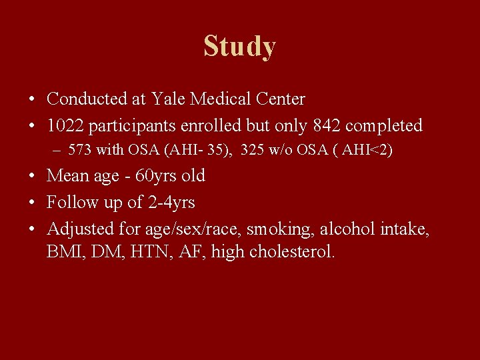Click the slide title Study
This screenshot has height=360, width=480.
pyautogui.click(x=239, y=47)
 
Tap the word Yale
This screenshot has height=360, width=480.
pyautogui.click(x=168, y=99)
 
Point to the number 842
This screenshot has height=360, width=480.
pyautogui.click(x=327, y=125)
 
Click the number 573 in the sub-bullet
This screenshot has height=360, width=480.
pyautogui.click(x=80, y=150)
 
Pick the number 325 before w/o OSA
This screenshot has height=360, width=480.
pyautogui.click(x=253, y=150)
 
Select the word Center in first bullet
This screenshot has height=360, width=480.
pyautogui.click(x=280, y=99)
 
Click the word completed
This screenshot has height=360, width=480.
pyautogui.click(x=384, y=125)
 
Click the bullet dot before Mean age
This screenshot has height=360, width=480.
pyautogui.click(x=33, y=177)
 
